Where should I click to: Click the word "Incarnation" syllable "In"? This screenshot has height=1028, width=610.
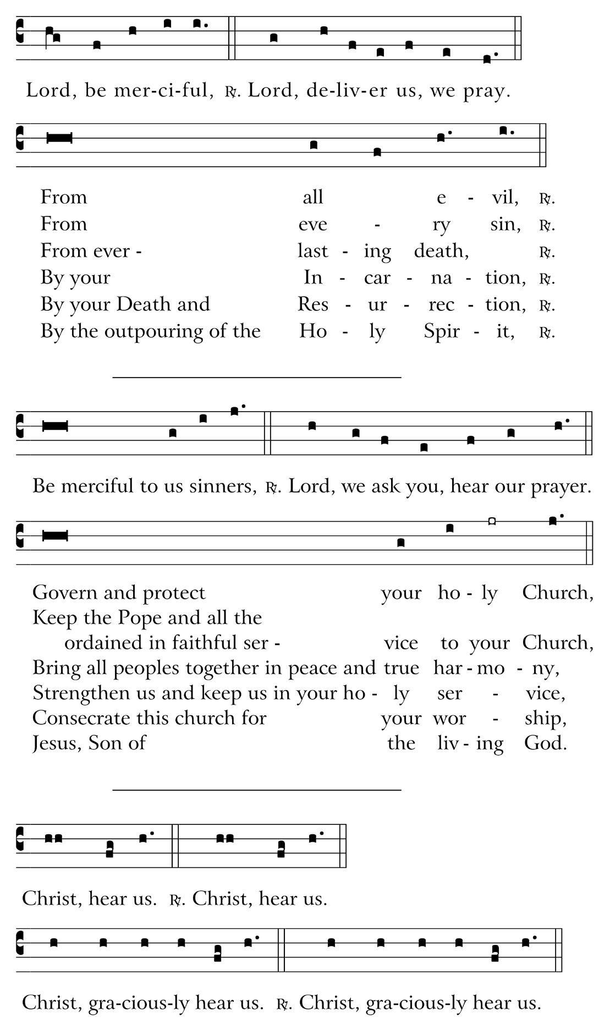point(313,277)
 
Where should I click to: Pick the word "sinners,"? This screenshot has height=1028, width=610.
point(223,486)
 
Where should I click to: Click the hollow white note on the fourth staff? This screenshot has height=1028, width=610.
point(492,521)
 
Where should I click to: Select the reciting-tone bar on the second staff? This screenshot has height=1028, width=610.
point(59,138)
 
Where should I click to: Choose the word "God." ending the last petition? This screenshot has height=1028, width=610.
point(545,743)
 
